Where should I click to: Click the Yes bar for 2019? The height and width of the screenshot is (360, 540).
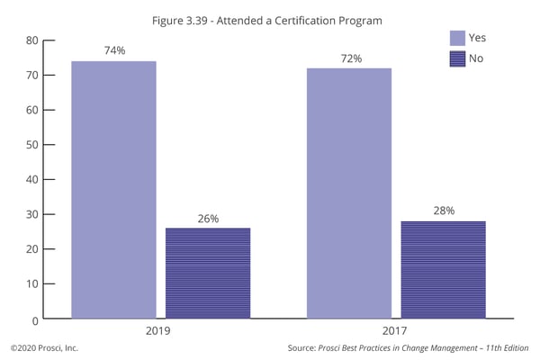(x=113, y=189)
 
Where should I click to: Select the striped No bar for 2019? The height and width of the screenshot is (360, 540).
(x=208, y=273)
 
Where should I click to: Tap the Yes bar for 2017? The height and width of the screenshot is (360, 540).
(x=349, y=192)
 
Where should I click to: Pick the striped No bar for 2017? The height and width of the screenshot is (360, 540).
(x=444, y=269)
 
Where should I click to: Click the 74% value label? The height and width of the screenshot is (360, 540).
(x=114, y=51)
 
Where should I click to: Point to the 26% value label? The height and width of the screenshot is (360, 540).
(x=208, y=219)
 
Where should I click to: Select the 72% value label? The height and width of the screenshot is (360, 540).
(x=350, y=58)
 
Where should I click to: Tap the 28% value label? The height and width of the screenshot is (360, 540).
(x=444, y=211)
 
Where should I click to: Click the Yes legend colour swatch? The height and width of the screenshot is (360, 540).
(x=457, y=38)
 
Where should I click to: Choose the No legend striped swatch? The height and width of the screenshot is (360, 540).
(x=457, y=58)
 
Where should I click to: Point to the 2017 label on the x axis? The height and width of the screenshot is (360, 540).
(x=397, y=331)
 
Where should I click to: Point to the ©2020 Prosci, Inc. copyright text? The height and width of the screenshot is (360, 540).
(x=45, y=347)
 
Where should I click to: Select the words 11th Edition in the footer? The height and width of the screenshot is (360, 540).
(x=504, y=347)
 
